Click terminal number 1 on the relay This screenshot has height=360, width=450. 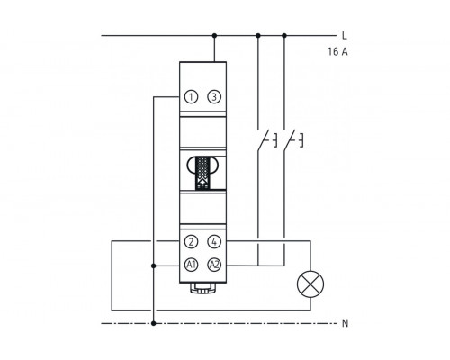191,97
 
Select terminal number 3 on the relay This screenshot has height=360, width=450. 214,97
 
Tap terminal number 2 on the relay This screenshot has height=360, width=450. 191,242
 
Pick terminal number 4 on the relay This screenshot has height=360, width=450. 214,242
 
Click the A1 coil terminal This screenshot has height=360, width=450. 191,265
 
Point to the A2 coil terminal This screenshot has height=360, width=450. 214,265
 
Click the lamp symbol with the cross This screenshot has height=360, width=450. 310,284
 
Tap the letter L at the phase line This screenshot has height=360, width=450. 345,36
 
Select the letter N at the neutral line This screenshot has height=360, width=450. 346,323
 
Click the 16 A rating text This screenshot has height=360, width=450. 337,51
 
